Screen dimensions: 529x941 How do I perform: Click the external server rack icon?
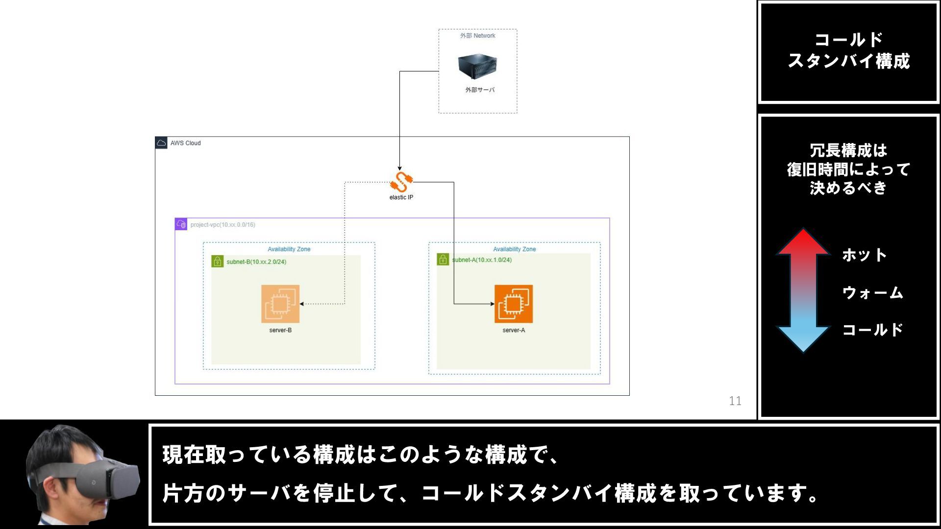(477, 66)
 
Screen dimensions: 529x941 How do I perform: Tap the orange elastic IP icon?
(401, 182)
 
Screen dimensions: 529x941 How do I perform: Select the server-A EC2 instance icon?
(513, 304)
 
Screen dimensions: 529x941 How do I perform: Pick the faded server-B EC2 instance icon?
(280, 304)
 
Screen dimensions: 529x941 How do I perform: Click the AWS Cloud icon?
(161, 143)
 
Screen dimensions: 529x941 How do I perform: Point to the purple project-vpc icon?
(181, 224)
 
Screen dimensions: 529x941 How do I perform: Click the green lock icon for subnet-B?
(217, 262)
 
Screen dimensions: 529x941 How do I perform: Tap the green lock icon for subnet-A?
(443, 259)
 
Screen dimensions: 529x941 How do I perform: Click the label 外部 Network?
(477, 36)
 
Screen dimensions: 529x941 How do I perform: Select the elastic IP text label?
(401, 197)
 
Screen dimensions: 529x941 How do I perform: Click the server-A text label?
(513, 330)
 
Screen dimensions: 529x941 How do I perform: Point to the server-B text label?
(280, 330)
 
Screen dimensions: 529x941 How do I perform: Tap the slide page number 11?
(735, 401)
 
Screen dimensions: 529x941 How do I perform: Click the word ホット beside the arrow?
(864, 255)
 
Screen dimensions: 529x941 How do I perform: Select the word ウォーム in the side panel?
(872, 293)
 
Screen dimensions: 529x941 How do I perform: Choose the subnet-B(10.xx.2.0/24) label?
(256, 262)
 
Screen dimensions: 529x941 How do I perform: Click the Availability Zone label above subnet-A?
(514, 249)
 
